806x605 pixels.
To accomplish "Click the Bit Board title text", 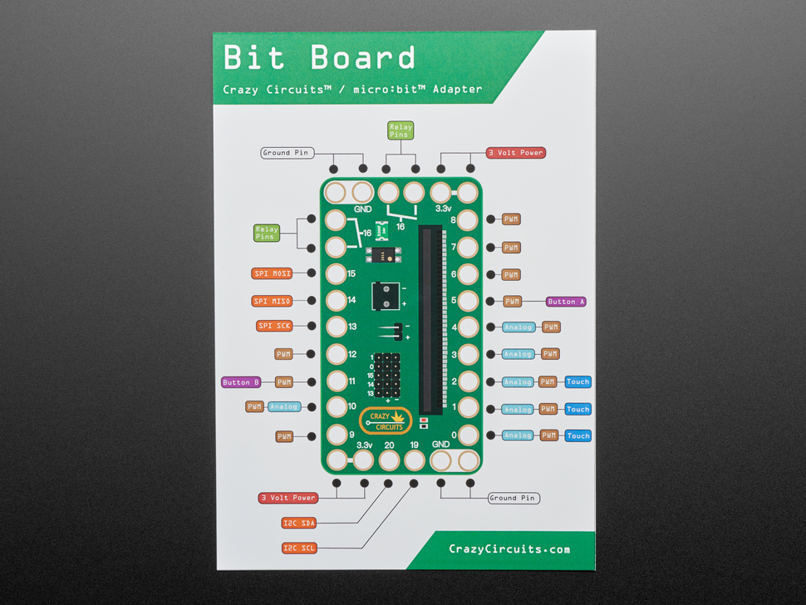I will pos(320,58).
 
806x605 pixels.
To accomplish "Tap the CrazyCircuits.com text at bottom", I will pos(509,548).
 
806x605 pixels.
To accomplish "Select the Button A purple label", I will pos(566,302).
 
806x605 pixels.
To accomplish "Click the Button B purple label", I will pos(241,382).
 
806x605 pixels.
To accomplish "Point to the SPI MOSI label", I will pos(273,273).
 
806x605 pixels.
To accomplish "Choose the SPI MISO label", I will pos(273,301).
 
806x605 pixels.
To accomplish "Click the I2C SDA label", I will pos(299,523).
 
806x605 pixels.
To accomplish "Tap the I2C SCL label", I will pos(299,548).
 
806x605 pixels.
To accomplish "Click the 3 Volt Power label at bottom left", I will pos(288,498).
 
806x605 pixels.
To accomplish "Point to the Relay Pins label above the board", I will pos(401,130).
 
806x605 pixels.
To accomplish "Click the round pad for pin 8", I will pos(467,220).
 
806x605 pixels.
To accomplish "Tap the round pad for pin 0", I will pos(467,435).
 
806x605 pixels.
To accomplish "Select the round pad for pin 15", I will pos(336,273).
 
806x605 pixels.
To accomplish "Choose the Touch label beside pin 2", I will pos(577,382).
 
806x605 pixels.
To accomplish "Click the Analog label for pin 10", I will pos(283,407).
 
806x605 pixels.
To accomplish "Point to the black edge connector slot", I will pos(431,320).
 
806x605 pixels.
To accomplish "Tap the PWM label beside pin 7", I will pos(512,248).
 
